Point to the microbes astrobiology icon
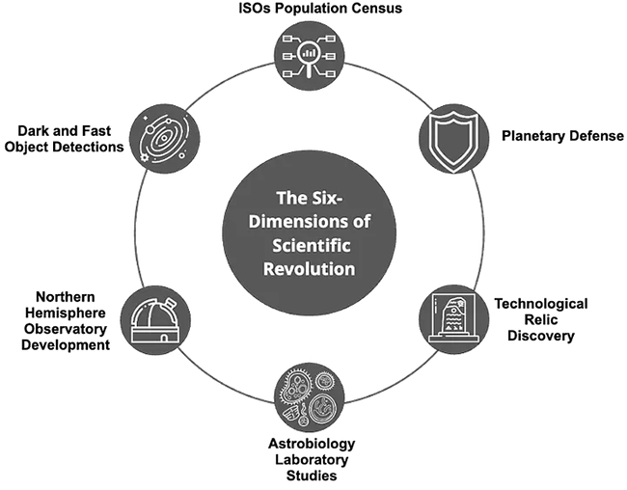(x=309, y=396)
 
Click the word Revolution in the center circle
(x=310, y=267)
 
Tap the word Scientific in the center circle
(x=310, y=244)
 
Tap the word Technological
(x=540, y=303)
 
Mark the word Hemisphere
(x=65, y=313)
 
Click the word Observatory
(x=66, y=329)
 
